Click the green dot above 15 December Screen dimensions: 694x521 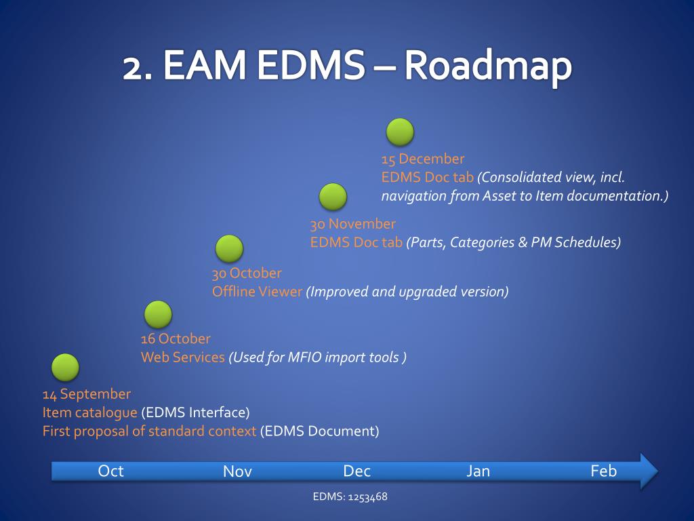click(x=400, y=132)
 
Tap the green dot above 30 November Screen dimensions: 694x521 click(x=333, y=197)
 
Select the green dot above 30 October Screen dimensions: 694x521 click(x=229, y=249)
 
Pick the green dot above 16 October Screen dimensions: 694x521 click(x=158, y=314)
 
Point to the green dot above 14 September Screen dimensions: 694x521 click(x=66, y=367)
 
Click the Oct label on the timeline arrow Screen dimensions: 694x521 click(x=110, y=471)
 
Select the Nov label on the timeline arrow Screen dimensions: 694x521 click(x=237, y=471)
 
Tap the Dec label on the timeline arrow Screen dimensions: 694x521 click(x=356, y=471)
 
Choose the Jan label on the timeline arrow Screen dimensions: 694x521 click(x=478, y=471)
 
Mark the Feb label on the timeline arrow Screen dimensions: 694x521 click(x=603, y=471)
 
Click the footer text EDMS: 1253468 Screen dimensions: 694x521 click(x=350, y=497)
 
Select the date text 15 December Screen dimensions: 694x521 click(x=423, y=159)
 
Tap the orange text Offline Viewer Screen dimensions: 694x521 click(x=257, y=292)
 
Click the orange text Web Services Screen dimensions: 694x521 click(x=182, y=357)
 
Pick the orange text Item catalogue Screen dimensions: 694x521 click(x=89, y=412)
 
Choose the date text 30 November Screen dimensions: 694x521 click(x=352, y=224)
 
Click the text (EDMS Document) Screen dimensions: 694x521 click(x=319, y=431)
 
